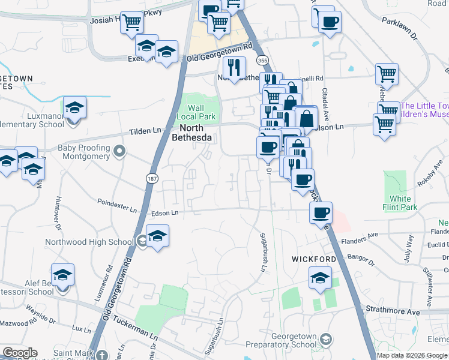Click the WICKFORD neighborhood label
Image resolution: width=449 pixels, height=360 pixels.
(x=314, y=259)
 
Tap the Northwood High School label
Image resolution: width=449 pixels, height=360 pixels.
(x=89, y=242)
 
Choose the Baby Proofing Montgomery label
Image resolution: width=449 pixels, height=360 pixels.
(x=83, y=152)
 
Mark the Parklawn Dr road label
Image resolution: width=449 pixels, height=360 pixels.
(x=399, y=28)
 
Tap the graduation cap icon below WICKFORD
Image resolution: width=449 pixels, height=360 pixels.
(x=320, y=277)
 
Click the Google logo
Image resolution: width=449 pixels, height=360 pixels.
(x=20, y=353)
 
